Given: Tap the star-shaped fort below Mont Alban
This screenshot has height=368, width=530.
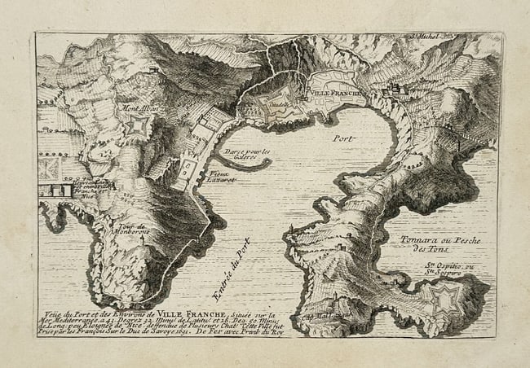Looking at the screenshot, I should [139, 126].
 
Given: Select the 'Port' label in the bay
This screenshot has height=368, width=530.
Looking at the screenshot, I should [342, 138].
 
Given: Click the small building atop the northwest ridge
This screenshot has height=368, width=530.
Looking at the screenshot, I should [152, 72].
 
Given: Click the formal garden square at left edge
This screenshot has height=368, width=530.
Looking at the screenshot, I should [48, 169].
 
